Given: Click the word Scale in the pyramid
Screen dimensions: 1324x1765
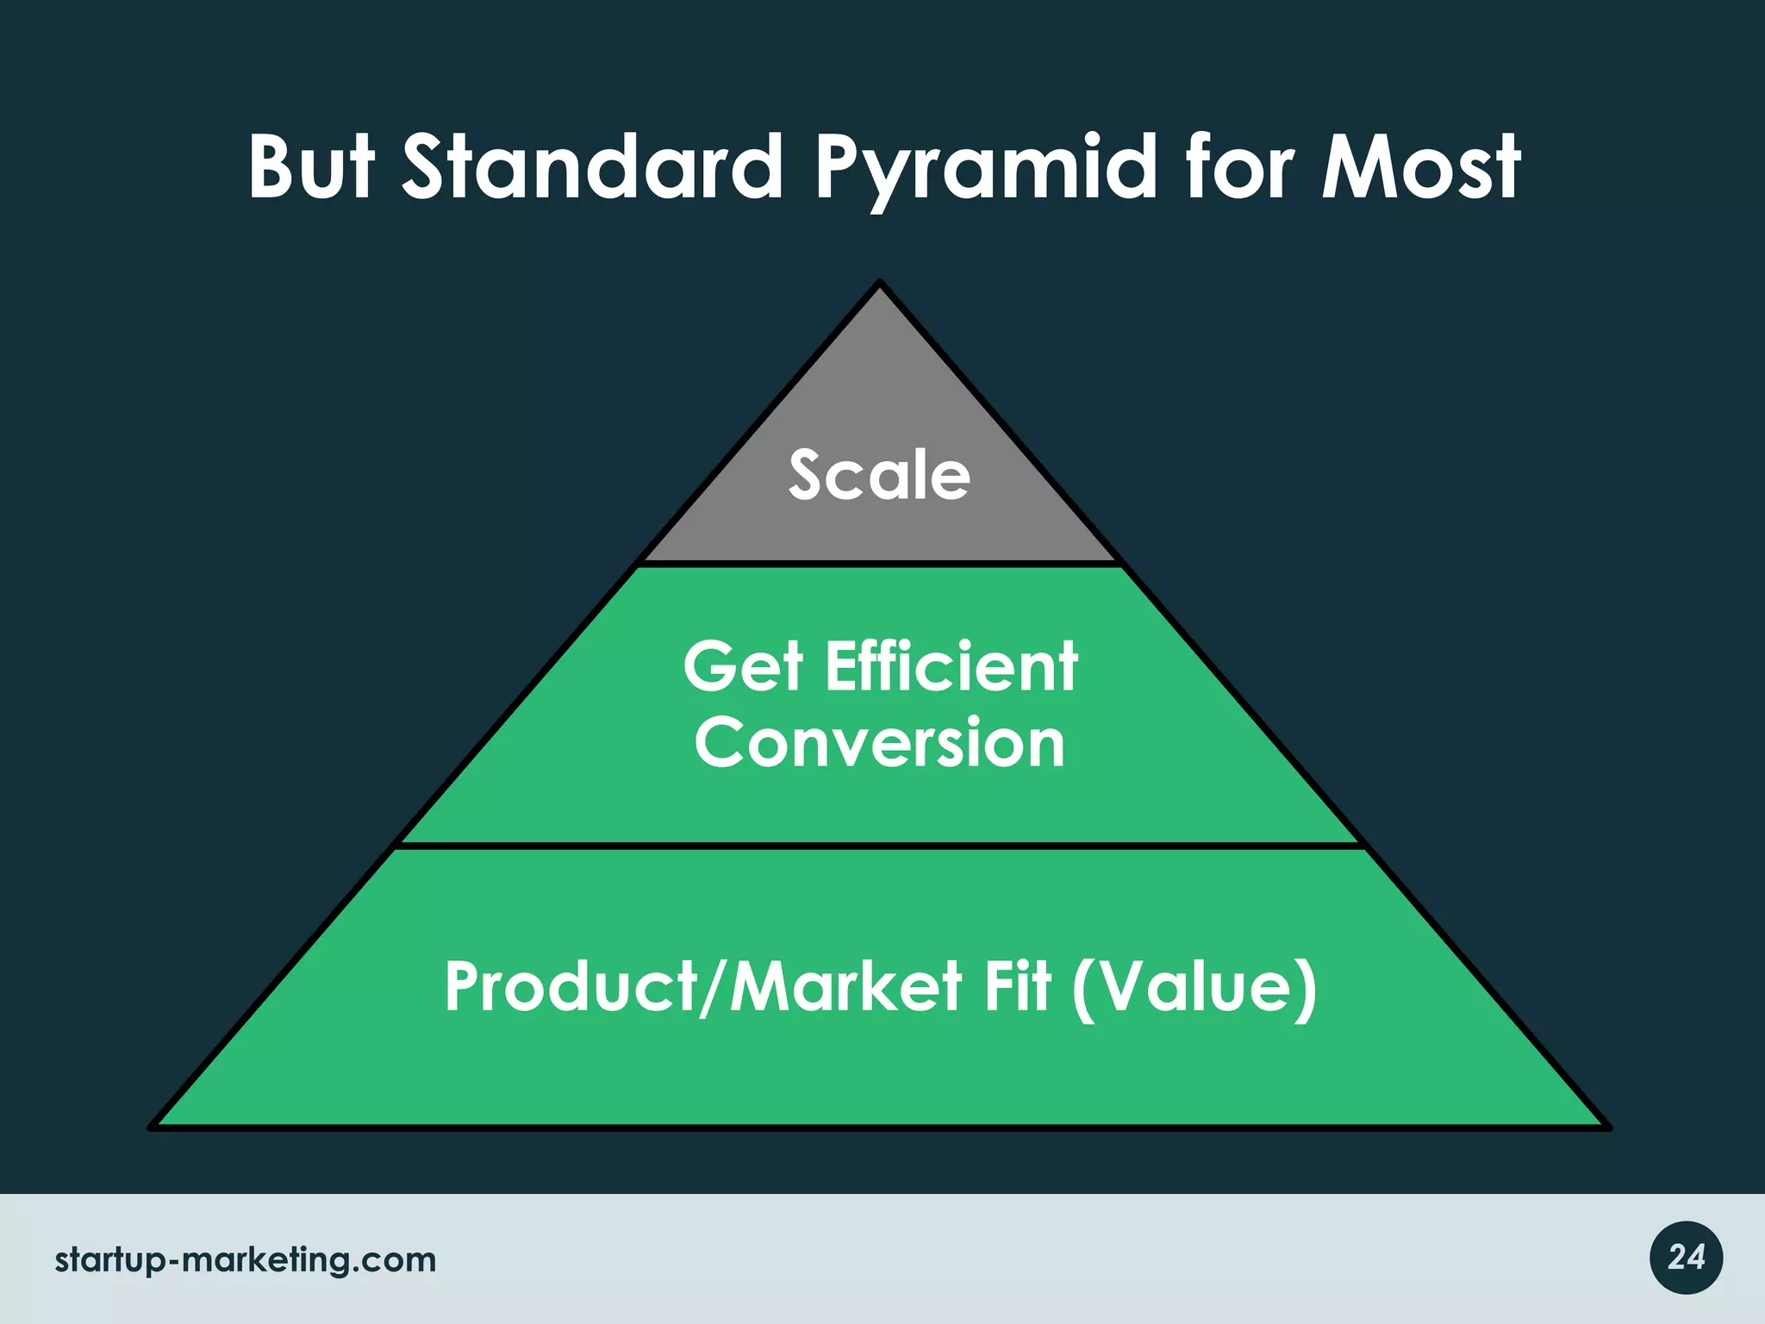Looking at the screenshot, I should click(879, 475).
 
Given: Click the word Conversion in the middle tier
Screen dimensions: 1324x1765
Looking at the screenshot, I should click(880, 743).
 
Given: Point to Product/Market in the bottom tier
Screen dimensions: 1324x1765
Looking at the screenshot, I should click(702, 987).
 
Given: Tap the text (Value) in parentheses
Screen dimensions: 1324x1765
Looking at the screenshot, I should click(1194, 989).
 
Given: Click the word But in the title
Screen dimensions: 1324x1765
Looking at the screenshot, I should click(311, 167).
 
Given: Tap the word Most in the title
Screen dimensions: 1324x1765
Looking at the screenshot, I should click(1421, 167).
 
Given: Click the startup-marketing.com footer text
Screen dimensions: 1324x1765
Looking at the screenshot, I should click(246, 1260).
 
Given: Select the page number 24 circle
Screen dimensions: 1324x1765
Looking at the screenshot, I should click(1686, 1258).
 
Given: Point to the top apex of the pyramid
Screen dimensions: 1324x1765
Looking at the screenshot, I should click(879, 284).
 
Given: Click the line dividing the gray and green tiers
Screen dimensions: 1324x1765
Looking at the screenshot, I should click(879, 564).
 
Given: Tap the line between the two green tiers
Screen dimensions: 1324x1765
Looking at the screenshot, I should click(879, 846).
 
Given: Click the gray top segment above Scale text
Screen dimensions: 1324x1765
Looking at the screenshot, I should click(879, 379).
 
